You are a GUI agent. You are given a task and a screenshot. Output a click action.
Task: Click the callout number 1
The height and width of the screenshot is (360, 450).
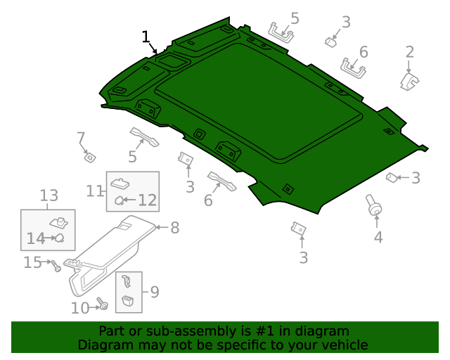(146, 37)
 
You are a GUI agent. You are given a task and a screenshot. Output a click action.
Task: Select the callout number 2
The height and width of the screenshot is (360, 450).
(409, 52)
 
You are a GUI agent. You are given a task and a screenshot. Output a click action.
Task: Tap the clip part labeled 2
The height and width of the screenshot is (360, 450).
(408, 82)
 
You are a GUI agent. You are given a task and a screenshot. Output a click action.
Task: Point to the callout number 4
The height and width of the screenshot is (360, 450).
(378, 237)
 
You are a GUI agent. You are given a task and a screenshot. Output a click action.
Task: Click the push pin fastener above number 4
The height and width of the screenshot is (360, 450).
(373, 205)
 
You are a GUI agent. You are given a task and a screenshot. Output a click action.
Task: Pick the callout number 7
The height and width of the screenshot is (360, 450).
(81, 137)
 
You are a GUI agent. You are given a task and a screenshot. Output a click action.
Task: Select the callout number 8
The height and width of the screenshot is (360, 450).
(174, 227)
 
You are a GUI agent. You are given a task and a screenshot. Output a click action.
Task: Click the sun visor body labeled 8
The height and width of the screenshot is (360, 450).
(112, 253)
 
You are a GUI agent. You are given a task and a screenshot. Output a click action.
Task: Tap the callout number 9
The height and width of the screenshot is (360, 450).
(154, 291)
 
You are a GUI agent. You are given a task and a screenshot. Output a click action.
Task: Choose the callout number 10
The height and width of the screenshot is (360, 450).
(80, 307)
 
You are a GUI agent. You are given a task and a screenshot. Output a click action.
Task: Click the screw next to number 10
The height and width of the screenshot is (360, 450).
(103, 304)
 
